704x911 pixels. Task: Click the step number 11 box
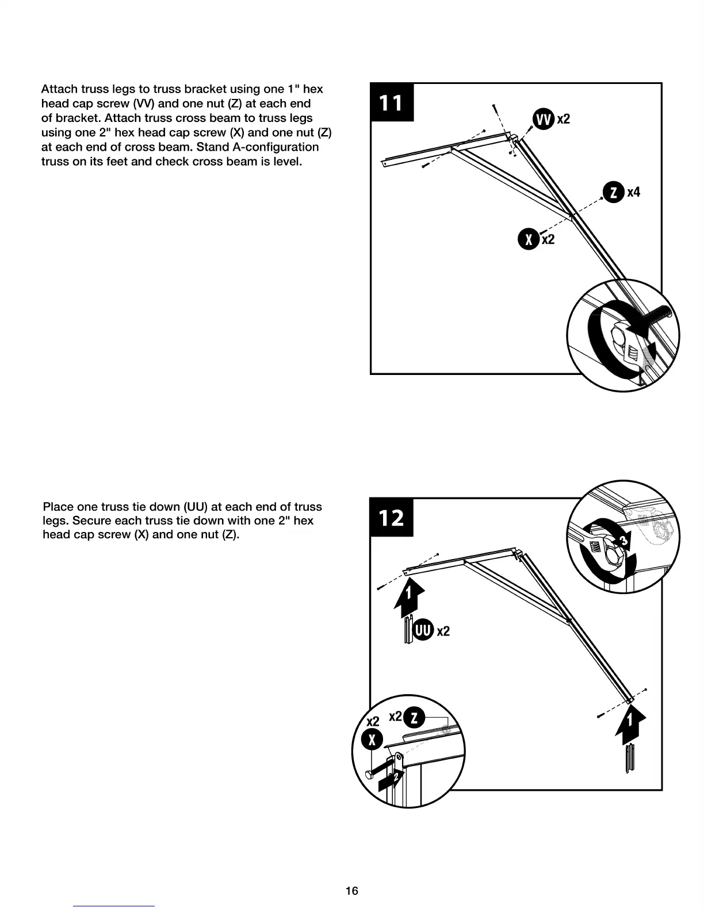(392, 102)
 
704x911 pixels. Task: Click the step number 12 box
(391, 518)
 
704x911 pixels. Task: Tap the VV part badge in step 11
(543, 119)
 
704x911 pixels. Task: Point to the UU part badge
(423, 630)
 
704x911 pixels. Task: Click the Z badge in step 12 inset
(415, 718)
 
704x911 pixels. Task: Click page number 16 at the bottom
(351, 891)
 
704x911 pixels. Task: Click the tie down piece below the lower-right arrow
(631, 759)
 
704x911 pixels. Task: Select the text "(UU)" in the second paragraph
(196, 507)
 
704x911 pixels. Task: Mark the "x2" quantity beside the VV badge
(563, 119)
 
